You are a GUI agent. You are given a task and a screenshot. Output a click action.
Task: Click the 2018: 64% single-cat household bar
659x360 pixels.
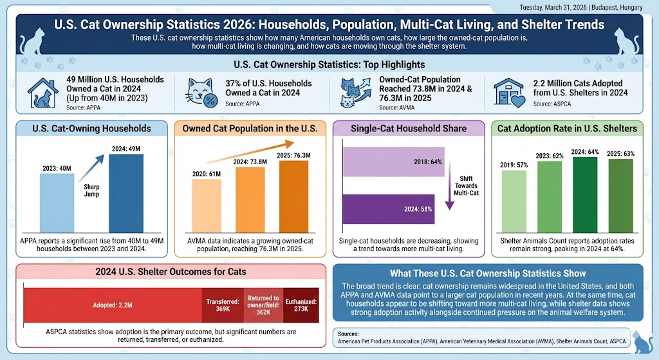click(394, 161)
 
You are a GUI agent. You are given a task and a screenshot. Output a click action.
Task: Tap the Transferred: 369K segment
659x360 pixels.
click(223, 305)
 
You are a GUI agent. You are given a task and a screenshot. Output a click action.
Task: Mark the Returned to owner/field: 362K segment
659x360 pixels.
click(263, 305)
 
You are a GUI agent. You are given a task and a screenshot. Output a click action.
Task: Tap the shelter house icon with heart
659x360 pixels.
click(508, 92)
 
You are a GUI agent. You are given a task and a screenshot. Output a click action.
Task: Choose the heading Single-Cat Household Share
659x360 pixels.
click(408, 128)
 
